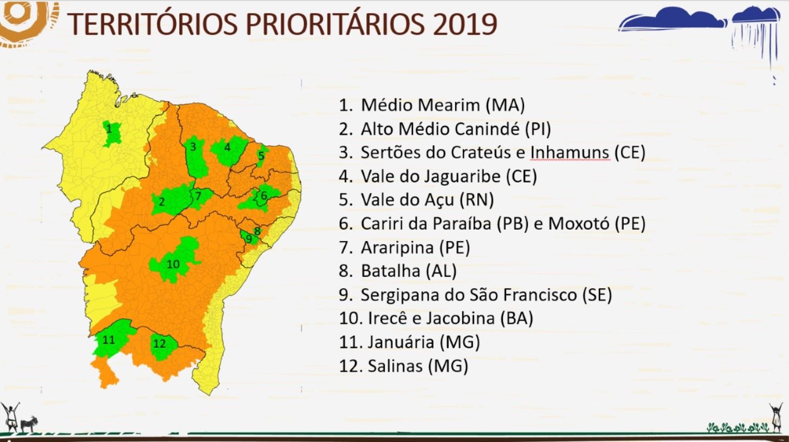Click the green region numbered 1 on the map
(111, 133)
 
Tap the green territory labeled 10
(173, 261)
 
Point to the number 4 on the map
(228, 147)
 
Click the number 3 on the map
(193, 146)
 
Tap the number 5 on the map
(261, 155)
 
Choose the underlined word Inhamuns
(570, 153)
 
